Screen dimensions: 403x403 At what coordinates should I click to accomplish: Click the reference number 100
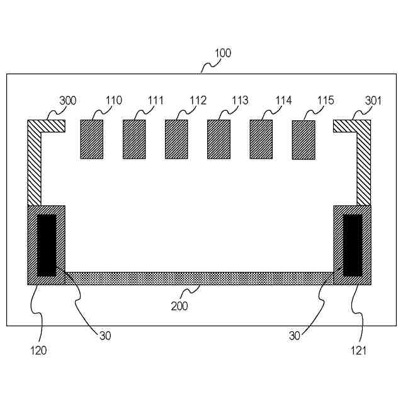(x=223, y=54)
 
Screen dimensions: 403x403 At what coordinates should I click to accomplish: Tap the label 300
(x=68, y=101)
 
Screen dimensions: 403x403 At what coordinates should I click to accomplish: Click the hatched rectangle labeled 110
(x=91, y=139)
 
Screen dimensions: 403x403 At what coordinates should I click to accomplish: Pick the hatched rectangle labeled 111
(x=134, y=139)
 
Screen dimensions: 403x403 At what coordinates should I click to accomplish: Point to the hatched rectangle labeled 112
(x=176, y=139)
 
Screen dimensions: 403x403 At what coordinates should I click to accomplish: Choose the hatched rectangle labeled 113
(x=219, y=139)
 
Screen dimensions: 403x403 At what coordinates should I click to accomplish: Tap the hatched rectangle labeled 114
(x=261, y=139)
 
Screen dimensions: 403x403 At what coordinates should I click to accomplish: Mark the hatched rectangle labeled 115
(x=304, y=140)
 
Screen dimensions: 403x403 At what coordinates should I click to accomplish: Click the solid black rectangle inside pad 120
(x=47, y=245)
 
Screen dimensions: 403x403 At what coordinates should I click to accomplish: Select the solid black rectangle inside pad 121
(x=352, y=245)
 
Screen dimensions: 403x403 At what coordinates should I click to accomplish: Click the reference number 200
(x=179, y=307)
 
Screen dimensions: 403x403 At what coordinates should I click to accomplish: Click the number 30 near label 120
(x=105, y=336)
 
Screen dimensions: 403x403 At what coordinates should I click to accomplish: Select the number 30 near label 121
(x=295, y=336)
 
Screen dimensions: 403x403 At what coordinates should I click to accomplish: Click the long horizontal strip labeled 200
(x=199, y=278)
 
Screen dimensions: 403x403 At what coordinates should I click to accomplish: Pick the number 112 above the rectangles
(x=198, y=101)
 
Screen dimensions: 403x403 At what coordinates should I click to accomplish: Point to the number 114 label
(x=283, y=101)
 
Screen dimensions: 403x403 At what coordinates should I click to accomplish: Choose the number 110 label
(x=114, y=101)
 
